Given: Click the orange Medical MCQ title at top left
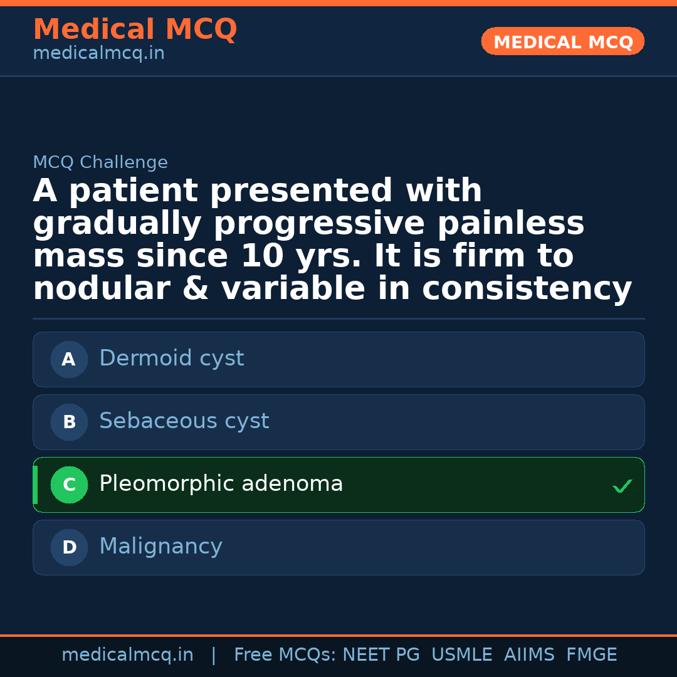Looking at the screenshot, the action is click(135, 29).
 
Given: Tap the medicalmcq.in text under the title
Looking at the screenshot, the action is click(99, 53).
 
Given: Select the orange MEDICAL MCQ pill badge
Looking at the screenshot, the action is click(562, 41).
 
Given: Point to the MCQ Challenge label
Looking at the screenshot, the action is click(100, 162).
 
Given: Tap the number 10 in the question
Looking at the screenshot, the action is click(263, 256).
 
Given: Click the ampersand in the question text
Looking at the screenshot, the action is click(196, 288).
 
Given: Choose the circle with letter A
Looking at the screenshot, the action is click(69, 359).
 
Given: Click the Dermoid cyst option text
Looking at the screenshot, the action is click(172, 359).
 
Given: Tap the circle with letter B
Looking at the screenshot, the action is click(69, 422).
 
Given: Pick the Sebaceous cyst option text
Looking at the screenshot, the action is click(184, 421).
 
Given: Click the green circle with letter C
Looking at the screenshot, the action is click(69, 485).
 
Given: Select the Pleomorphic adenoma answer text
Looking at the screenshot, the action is click(221, 483).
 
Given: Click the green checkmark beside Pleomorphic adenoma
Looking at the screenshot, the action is click(622, 486).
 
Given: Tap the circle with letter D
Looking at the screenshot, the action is click(69, 547).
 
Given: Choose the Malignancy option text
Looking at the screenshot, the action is click(161, 547).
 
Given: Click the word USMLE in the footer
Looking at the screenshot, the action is click(462, 654).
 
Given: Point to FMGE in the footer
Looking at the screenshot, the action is click(592, 654).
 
